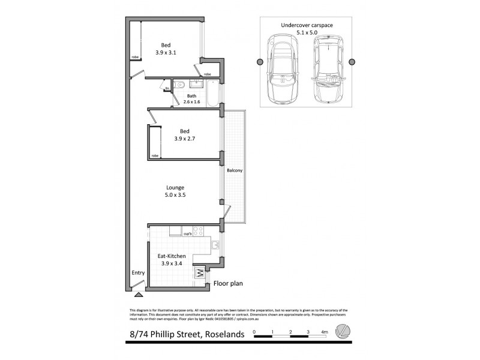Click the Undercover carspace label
pyautogui.click(x=307, y=25)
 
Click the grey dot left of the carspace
pyautogui.click(x=259, y=61)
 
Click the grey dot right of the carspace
pyautogui.click(x=352, y=61)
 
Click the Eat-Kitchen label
pyautogui.click(x=172, y=256)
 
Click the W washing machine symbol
pyautogui.click(x=199, y=274)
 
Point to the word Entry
pyautogui.click(x=138, y=273)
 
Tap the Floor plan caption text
pyautogui.click(x=228, y=283)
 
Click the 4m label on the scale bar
pyautogui.click(x=325, y=331)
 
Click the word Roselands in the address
pyautogui.click(x=220, y=334)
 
